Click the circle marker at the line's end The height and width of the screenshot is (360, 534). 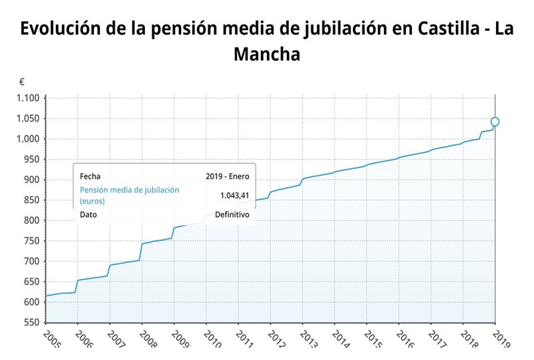(x=495, y=122)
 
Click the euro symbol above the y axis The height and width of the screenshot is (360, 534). (x=22, y=82)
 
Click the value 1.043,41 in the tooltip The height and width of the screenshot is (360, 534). (x=234, y=195)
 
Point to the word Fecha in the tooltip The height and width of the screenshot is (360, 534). (x=90, y=176)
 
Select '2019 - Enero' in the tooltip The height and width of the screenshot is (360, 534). (x=228, y=176)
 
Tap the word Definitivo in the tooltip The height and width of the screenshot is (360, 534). (x=232, y=215)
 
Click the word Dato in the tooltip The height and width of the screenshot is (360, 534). (x=89, y=215)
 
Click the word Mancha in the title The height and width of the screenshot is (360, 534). (x=267, y=54)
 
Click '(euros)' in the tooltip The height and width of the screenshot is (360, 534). (x=93, y=200)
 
